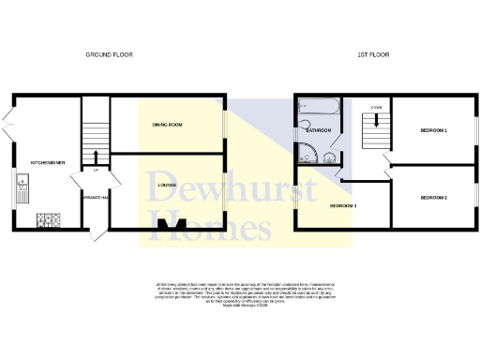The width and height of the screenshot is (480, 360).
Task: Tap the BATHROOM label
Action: click(316, 143)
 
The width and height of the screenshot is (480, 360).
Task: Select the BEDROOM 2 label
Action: click(433, 198)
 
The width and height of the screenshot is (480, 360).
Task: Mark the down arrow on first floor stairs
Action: click(375, 120)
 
